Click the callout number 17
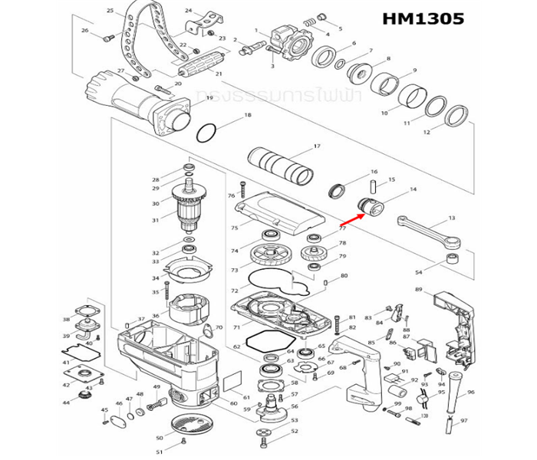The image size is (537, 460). tap(316, 146)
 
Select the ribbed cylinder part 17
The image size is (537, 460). tap(281, 165)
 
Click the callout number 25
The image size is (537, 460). tap(110, 11)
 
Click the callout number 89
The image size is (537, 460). tap(440, 289)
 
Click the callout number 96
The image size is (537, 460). tap(471, 393)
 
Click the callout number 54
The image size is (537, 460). tap(440, 273)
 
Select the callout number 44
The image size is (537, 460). tap(66, 402)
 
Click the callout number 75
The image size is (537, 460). tap(234, 228)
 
